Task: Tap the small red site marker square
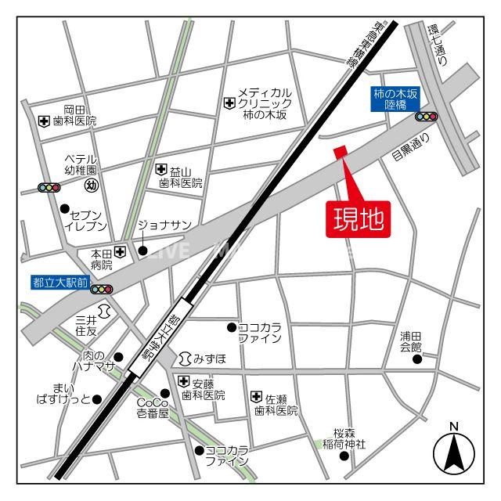pyautogui.click(x=340, y=153)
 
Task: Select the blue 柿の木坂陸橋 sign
pyautogui.click(x=395, y=99)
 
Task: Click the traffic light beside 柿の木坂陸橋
pyautogui.click(x=426, y=117)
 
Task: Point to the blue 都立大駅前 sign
pyautogui.click(x=61, y=281)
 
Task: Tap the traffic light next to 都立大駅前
pyautogui.click(x=102, y=289)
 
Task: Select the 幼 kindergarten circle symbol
pyautogui.click(x=91, y=186)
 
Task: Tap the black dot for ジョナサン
pyautogui.click(x=143, y=251)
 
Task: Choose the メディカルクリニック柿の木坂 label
pyautogui.click(x=265, y=103)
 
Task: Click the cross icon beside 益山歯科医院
pyautogui.click(x=160, y=169)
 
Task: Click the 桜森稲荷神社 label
pyautogui.click(x=344, y=438)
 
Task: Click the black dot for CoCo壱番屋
pyautogui.click(x=165, y=394)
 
